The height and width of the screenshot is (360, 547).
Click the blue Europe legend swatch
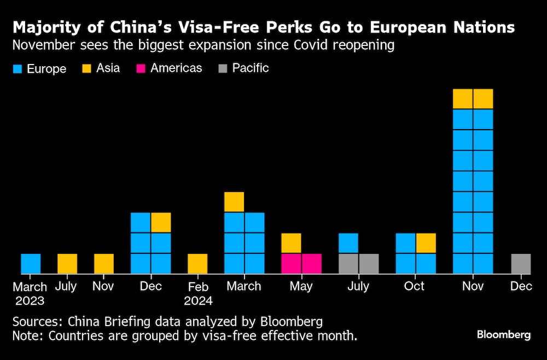pyautogui.click(x=16, y=69)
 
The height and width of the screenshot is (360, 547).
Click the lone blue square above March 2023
pyautogui.click(x=31, y=264)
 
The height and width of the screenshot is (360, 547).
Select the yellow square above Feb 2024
pyautogui.click(x=197, y=264)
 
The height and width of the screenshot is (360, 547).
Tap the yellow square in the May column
pyautogui.click(x=291, y=243)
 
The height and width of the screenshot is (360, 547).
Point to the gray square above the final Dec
pyautogui.click(x=521, y=264)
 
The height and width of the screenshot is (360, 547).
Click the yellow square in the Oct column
pyautogui.click(x=426, y=243)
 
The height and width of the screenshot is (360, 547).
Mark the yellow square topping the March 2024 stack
pyautogui.click(x=234, y=202)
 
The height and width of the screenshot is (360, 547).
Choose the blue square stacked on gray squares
pyautogui.click(x=348, y=243)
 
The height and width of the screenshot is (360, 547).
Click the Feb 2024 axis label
pyautogui.click(x=197, y=293)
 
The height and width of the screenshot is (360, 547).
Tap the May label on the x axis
pyautogui.click(x=301, y=286)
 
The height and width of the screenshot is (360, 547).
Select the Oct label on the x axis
pyautogui.click(x=414, y=286)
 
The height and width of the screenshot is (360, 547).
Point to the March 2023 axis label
pyautogui.click(x=30, y=293)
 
